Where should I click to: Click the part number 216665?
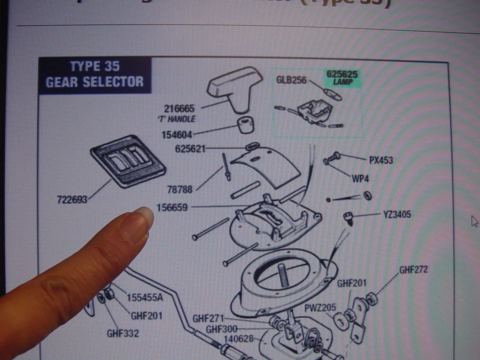(x=179, y=108)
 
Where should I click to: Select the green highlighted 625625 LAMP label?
(x=342, y=77)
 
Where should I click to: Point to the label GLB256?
(x=291, y=80)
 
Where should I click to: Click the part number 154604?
(x=176, y=135)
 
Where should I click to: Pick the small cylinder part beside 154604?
(x=245, y=125)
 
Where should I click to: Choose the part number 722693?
(x=72, y=199)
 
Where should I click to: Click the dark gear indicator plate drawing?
(x=128, y=160)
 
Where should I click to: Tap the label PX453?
(x=381, y=160)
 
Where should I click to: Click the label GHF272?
(x=413, y=270)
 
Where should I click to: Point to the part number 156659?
(x=172, y=207)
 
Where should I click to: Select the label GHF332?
(x=122, y=333)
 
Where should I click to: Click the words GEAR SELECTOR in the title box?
(x=95, y=82)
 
